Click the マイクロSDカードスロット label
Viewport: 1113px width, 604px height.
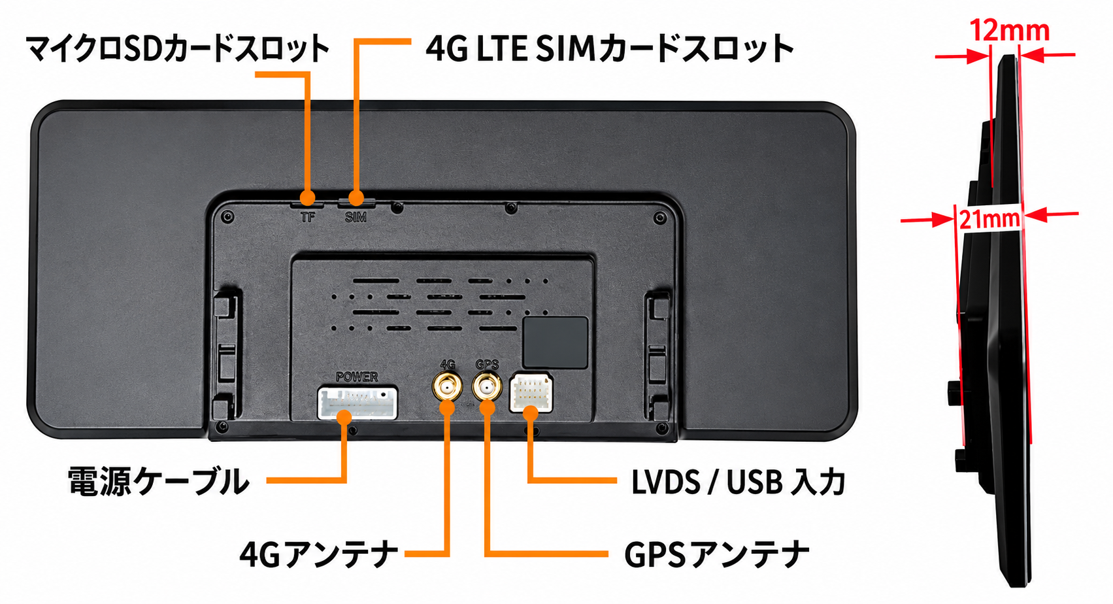(177, 49)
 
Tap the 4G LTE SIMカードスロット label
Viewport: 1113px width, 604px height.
(610, 49)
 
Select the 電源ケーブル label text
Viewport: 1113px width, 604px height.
(159, 480)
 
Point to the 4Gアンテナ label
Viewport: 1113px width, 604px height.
(318, 554)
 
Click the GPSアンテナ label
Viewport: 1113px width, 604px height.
(716, 554)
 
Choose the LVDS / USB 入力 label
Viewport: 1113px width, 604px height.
(738, 481)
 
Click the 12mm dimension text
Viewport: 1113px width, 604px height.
(1009, 31)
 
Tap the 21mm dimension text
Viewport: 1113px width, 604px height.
(989, 219)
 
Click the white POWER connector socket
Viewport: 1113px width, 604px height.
(357, 403)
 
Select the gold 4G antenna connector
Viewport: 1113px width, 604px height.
(447, 387)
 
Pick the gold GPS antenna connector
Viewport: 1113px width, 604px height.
(487, 386)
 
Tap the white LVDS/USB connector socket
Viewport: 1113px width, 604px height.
(531, 393)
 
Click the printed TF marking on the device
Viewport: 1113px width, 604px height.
(308, 217)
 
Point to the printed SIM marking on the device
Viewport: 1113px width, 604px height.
(356, 217)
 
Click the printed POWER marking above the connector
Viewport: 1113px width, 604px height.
(357, 377)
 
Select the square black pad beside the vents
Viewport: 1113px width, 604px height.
(555, 342)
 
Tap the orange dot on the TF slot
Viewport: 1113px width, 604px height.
(308, 197)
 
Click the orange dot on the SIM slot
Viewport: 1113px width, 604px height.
(356, 197)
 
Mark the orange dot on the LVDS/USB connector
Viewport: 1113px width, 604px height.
(531, 414)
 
